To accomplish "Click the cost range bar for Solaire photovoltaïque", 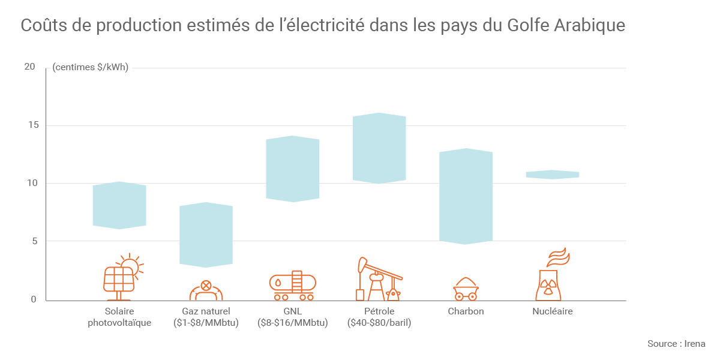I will click(119, 205).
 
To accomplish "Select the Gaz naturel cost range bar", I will click(206, 235).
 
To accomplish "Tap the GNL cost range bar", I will click(293, 169).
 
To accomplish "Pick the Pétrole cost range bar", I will click(379, 148).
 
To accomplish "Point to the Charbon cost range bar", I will click(466, 196).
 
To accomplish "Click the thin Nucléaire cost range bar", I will click(552, 175).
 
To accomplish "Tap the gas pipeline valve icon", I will click(206, 290).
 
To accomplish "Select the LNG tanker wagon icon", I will click(293, 286).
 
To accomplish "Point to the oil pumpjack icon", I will click(378, 280).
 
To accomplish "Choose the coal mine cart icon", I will click(466, 289).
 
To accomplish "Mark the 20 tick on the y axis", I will click(30, 67).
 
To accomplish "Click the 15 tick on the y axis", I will click(30, 125).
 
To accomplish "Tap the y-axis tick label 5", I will click(33, 241).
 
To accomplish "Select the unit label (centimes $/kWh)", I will click(91, 67).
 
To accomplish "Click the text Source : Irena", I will click(676, 344).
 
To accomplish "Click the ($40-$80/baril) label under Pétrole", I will click(379, 323).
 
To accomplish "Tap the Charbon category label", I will click(466, 311).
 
